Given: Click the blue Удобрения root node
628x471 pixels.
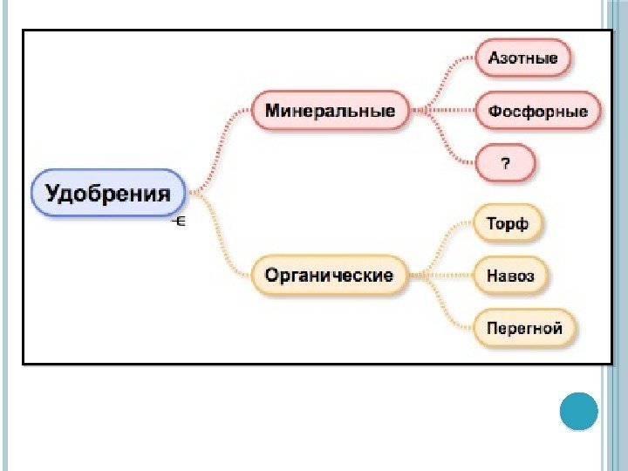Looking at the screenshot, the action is click(108, 194).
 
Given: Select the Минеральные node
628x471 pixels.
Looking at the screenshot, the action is click(331, 112).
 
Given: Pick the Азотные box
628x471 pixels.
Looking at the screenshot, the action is click(523, 59).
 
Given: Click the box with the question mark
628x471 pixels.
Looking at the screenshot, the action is click(504, 163).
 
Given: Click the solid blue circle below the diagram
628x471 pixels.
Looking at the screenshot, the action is click(577, 412).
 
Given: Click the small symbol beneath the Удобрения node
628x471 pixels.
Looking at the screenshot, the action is click(180, 222).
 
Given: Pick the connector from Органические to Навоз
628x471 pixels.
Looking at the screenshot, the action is click(442, 276).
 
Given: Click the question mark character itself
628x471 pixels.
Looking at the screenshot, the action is click(504, 163).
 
